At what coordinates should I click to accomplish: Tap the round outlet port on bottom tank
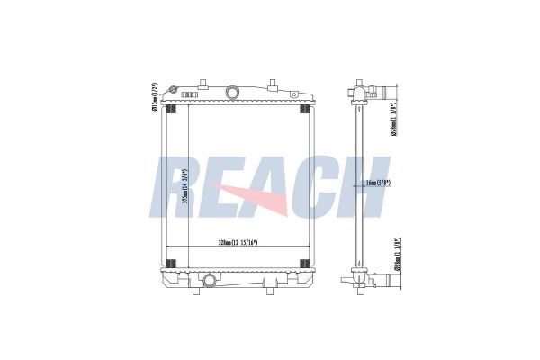[210, 282]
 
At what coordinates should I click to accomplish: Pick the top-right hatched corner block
[304, 110]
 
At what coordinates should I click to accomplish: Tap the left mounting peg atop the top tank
[203, 86]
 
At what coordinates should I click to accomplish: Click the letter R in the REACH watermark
[175, 187]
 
